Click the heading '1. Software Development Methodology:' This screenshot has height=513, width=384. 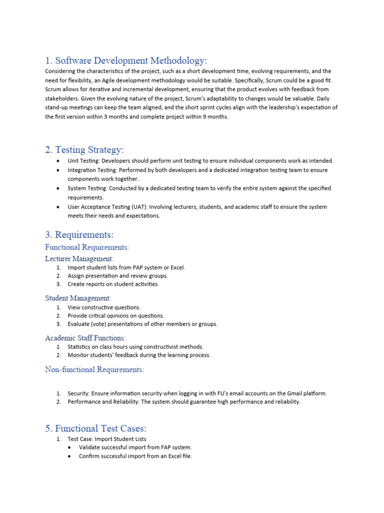click(125, 61)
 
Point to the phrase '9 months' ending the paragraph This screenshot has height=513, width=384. click(217, 116)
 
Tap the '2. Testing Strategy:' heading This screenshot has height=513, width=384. click(84, 149)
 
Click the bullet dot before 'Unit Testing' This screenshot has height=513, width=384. click(58, 161)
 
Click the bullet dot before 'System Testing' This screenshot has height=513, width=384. click(58, 188)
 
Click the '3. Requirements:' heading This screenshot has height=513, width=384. click(79, 234)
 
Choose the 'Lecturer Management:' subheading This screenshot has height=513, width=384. click(79, 259)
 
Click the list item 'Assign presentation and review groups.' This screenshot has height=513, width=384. click(118, 276)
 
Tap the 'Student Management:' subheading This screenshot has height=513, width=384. click(78, 298)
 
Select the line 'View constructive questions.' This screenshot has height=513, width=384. click(104, 307)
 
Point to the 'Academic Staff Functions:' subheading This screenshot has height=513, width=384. click(85, 338)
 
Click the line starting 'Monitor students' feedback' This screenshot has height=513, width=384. click(139, 355)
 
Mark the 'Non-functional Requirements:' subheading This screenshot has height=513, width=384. click(94, 369)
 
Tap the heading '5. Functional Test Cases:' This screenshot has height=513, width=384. click(95, 428)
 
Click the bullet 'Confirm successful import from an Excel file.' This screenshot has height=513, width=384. click(135, 456)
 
